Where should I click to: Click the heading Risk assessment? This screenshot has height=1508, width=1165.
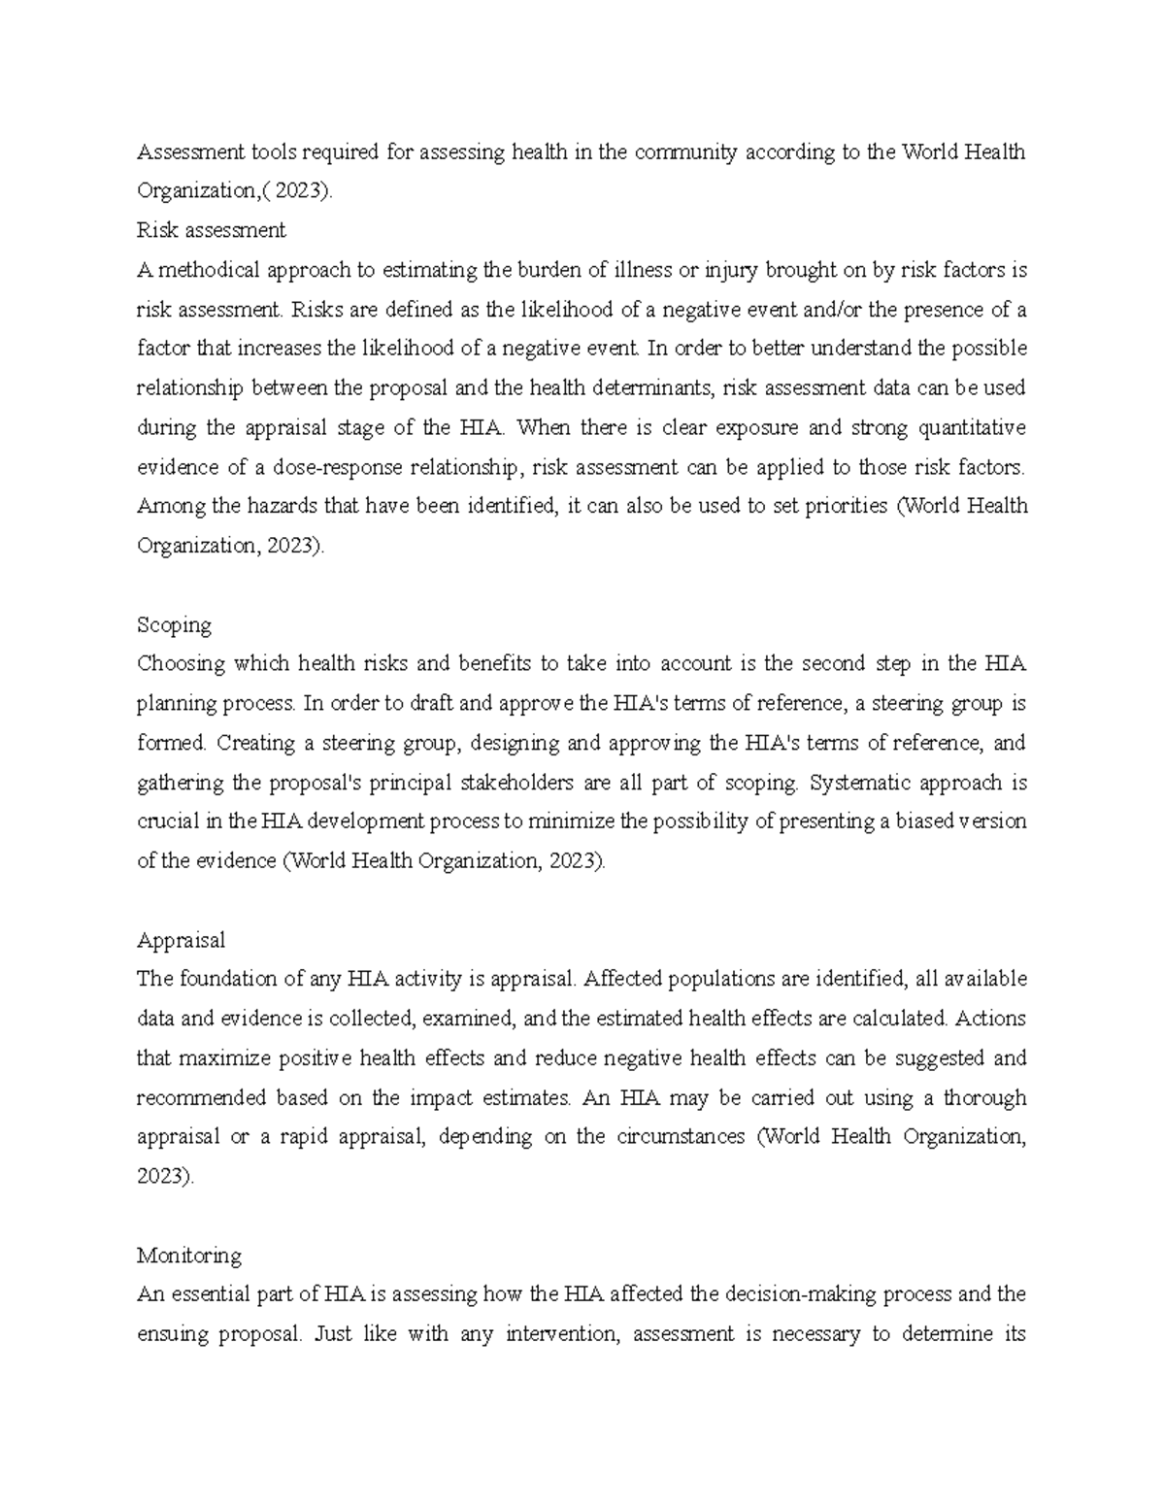211,230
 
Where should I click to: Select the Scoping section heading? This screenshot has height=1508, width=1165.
174,624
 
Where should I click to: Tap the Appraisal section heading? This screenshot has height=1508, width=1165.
181,940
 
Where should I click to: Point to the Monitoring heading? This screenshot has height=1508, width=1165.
188,1256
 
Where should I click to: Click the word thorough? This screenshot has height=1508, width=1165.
984,1097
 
